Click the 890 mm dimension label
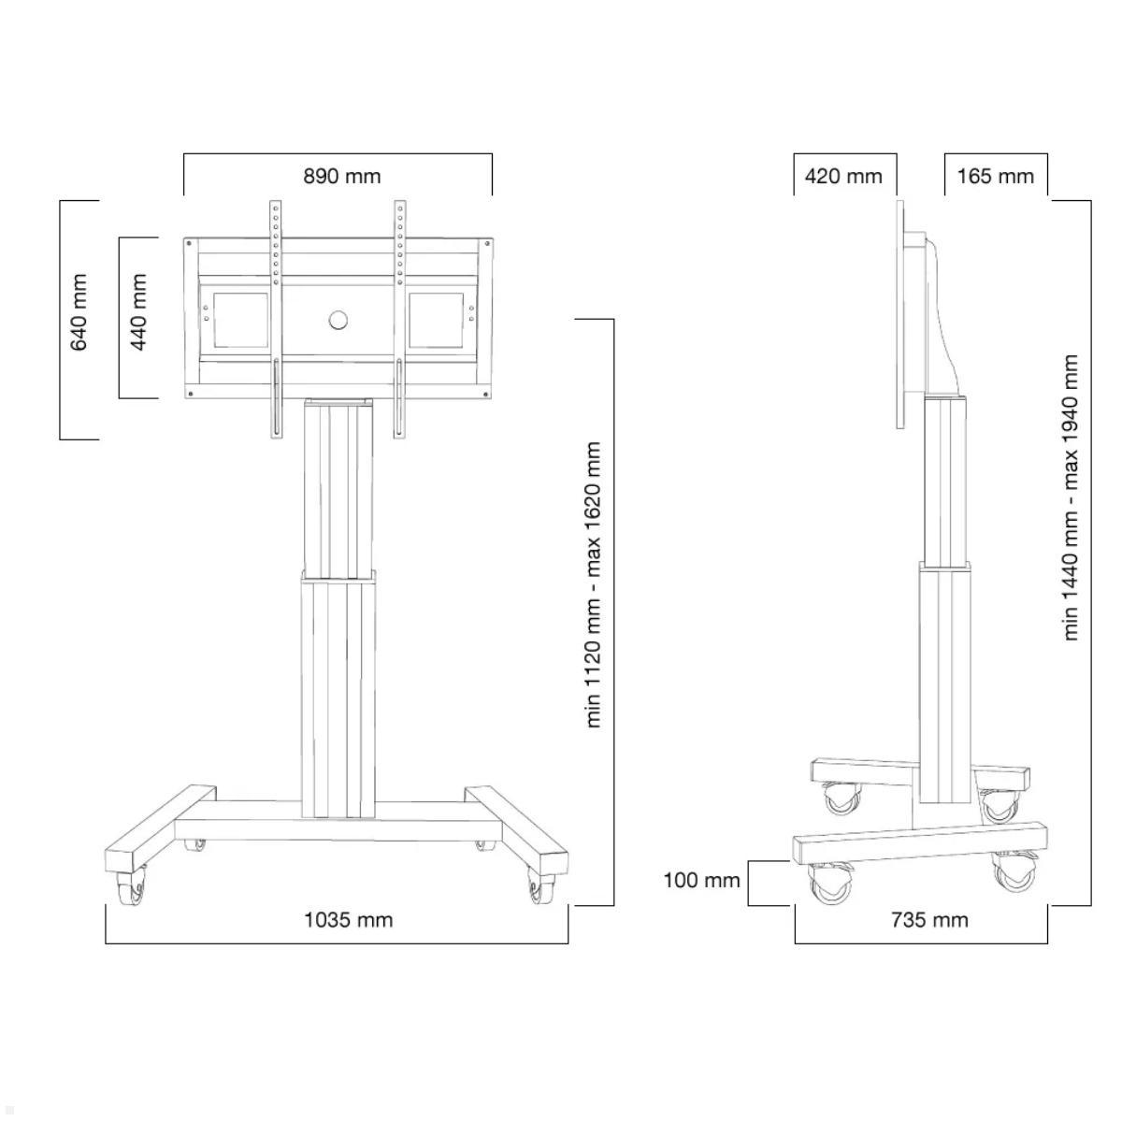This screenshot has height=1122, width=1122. click(x=341, y=176)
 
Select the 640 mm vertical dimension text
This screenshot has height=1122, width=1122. click(x=79, y=312)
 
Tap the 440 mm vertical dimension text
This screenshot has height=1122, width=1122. click(x=139, y=312)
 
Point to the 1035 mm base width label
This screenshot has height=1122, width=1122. click(x=348, y=920)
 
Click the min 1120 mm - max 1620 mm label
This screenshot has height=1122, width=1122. click(x=594, y=585)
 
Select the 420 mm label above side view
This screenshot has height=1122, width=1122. click(x=842, y=176)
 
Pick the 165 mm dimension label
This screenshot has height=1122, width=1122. click(x=995, y=176)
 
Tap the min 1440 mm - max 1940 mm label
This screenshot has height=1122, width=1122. click(x=1072, y=497)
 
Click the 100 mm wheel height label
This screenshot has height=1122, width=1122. click(x=701, y=880)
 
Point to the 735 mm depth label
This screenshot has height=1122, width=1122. click(x=929, y=920)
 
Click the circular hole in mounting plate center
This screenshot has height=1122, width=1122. click(x=338, y=321)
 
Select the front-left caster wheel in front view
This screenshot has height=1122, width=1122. click(x=130, y=888)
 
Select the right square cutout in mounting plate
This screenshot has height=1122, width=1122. click(x=435, y=321)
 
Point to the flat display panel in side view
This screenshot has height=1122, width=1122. click(x=901, y=313)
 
